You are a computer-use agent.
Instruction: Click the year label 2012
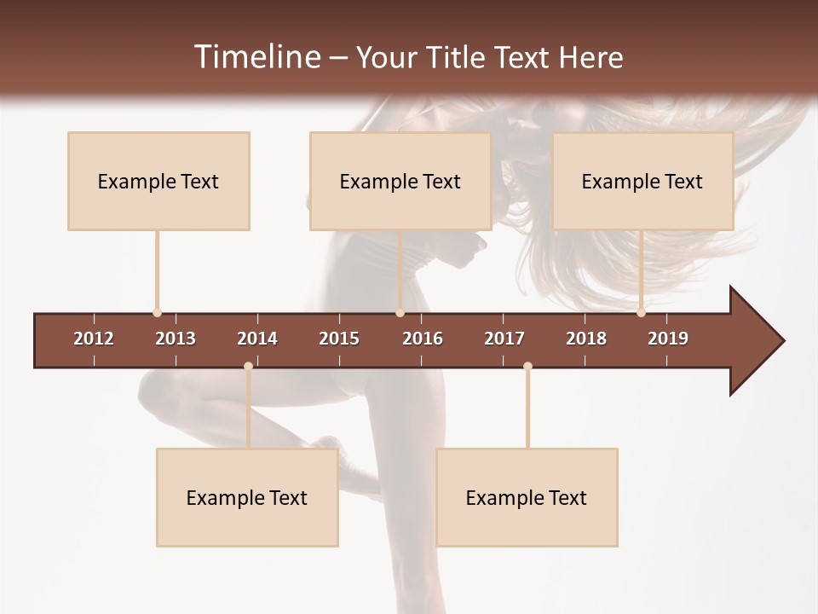point(94,339)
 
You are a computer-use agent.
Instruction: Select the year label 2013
point(176,339)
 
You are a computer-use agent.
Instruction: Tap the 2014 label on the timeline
point(257,339)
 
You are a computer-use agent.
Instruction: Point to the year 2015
point(339,339)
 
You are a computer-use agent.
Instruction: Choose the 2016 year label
point(423,339)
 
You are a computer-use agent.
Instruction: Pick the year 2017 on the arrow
point(504,339)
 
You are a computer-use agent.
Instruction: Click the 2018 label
point(586,339)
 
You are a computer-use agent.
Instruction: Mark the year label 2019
point(668,339)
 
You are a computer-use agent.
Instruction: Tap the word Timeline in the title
point(256,57)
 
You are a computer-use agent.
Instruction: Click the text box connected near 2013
point(158,181)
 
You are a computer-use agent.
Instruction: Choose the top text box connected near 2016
point(400,181)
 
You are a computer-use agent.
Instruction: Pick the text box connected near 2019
point(642,181)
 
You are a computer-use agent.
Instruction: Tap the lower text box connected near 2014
point(247,497)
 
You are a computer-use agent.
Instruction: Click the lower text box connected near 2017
point(527,497)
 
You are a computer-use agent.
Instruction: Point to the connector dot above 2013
point(157,313)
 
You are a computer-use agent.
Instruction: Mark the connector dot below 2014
point(248,367)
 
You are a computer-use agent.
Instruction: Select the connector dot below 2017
point(527,367)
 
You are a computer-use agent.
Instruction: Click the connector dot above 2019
point(641,313)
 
